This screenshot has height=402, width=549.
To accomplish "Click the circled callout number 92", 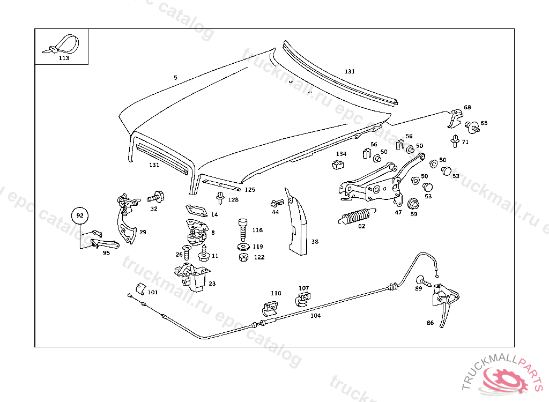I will click(80, 215).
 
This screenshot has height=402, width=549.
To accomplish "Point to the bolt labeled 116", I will click(242, 230).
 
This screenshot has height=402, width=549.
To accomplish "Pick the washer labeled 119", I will click(243, 247).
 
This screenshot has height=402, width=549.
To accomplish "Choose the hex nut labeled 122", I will click(243, 257).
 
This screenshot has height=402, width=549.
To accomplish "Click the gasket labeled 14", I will click(195, 210).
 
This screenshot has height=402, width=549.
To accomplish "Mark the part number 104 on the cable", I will click(315, 316).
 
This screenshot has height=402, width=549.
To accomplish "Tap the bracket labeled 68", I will click(455, 118).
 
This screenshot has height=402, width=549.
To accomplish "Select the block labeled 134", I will click(338, 163).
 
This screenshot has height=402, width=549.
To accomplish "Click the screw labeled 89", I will click(422, 280).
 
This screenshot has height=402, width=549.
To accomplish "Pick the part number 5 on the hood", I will click(175, 78).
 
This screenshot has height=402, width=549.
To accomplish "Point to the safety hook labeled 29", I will click(127, 224).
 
